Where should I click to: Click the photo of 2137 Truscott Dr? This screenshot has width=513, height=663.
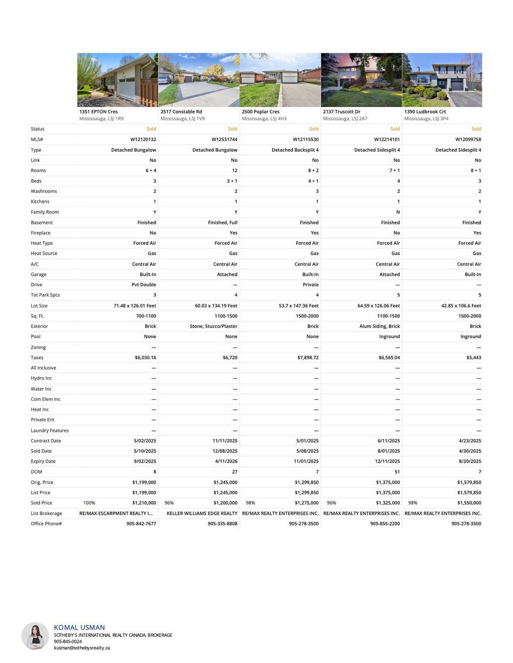pos(361,80)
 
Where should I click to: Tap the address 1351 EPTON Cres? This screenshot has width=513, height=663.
pos(99,112)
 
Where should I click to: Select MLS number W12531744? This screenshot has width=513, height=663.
pos(224,140)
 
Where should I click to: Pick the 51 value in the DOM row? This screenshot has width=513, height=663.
pos(397,472)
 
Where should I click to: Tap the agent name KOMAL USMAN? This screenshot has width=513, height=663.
pos(79,627)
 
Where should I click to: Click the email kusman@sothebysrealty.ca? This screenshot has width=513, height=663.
pos(82,648)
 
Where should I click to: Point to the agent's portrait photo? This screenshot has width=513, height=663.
pos(35,636)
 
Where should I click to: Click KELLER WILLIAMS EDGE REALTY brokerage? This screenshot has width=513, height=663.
pos(202,513)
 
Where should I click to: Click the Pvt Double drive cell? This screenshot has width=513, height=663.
pos(144,285)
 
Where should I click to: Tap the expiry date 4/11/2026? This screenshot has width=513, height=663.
pos(226,462)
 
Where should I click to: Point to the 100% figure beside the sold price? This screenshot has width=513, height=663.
pos(89,503)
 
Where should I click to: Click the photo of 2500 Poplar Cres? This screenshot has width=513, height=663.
pos(280,80)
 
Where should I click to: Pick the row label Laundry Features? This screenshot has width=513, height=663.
pos(50,430)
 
